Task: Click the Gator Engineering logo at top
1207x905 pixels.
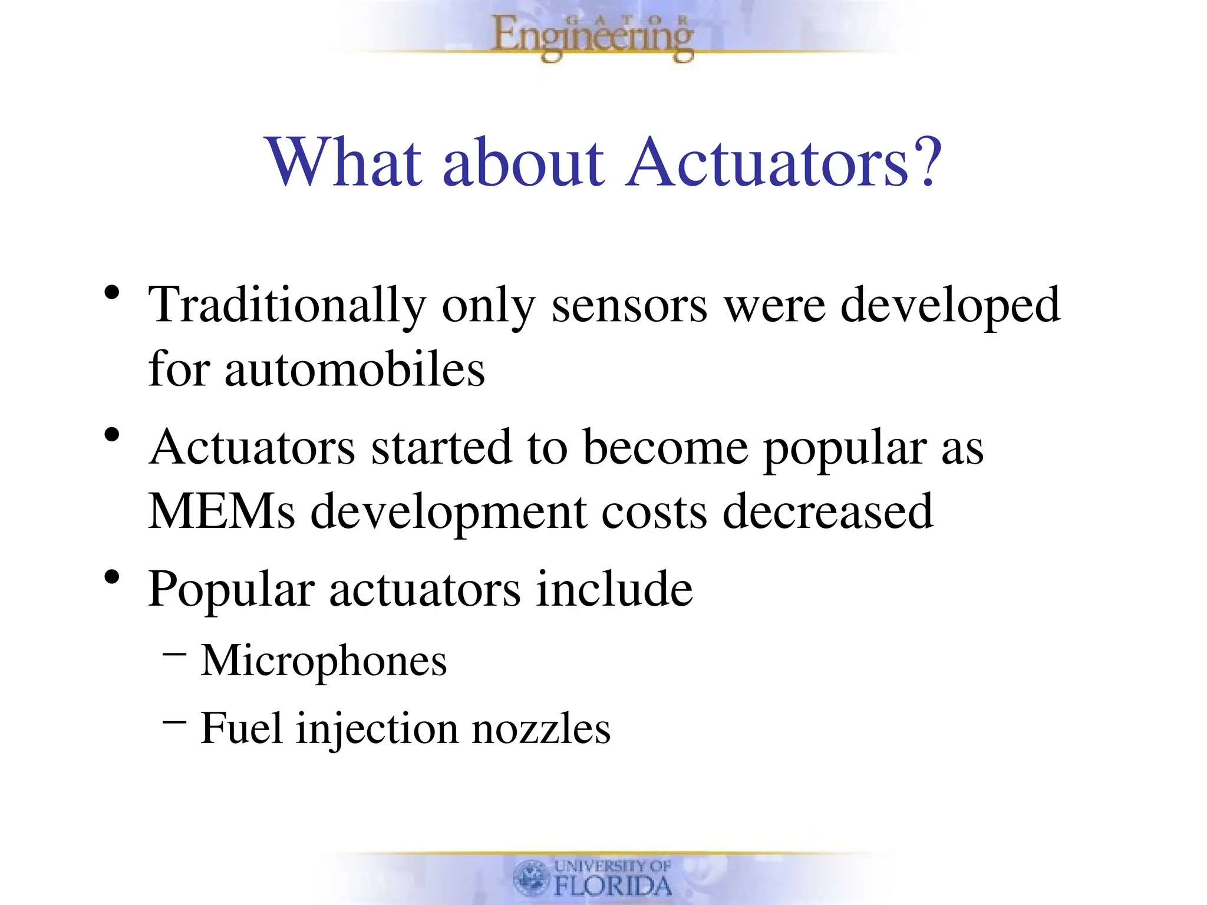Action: click(x=592, y=37)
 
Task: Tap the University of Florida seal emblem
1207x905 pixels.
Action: click(x=531, y=878)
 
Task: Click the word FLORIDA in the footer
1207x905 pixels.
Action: click(x=613, y=886)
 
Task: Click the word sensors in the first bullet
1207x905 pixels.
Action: click(x=629, y=306)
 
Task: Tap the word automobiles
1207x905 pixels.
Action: click(x=355, y=369)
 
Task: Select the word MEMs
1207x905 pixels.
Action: click(x=221, y=511)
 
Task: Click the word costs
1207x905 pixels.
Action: click(x=654, y=511)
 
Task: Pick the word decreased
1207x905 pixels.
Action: click(x=827, y=511)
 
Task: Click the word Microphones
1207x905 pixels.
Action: click(x=324, y=661)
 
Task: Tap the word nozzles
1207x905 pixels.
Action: click(x=541, y=729)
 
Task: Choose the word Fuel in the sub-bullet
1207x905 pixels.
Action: click(x=241, y=729)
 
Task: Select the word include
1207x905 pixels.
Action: click(x=614, y=589)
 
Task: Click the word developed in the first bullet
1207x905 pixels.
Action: click(x=949, y=306)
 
